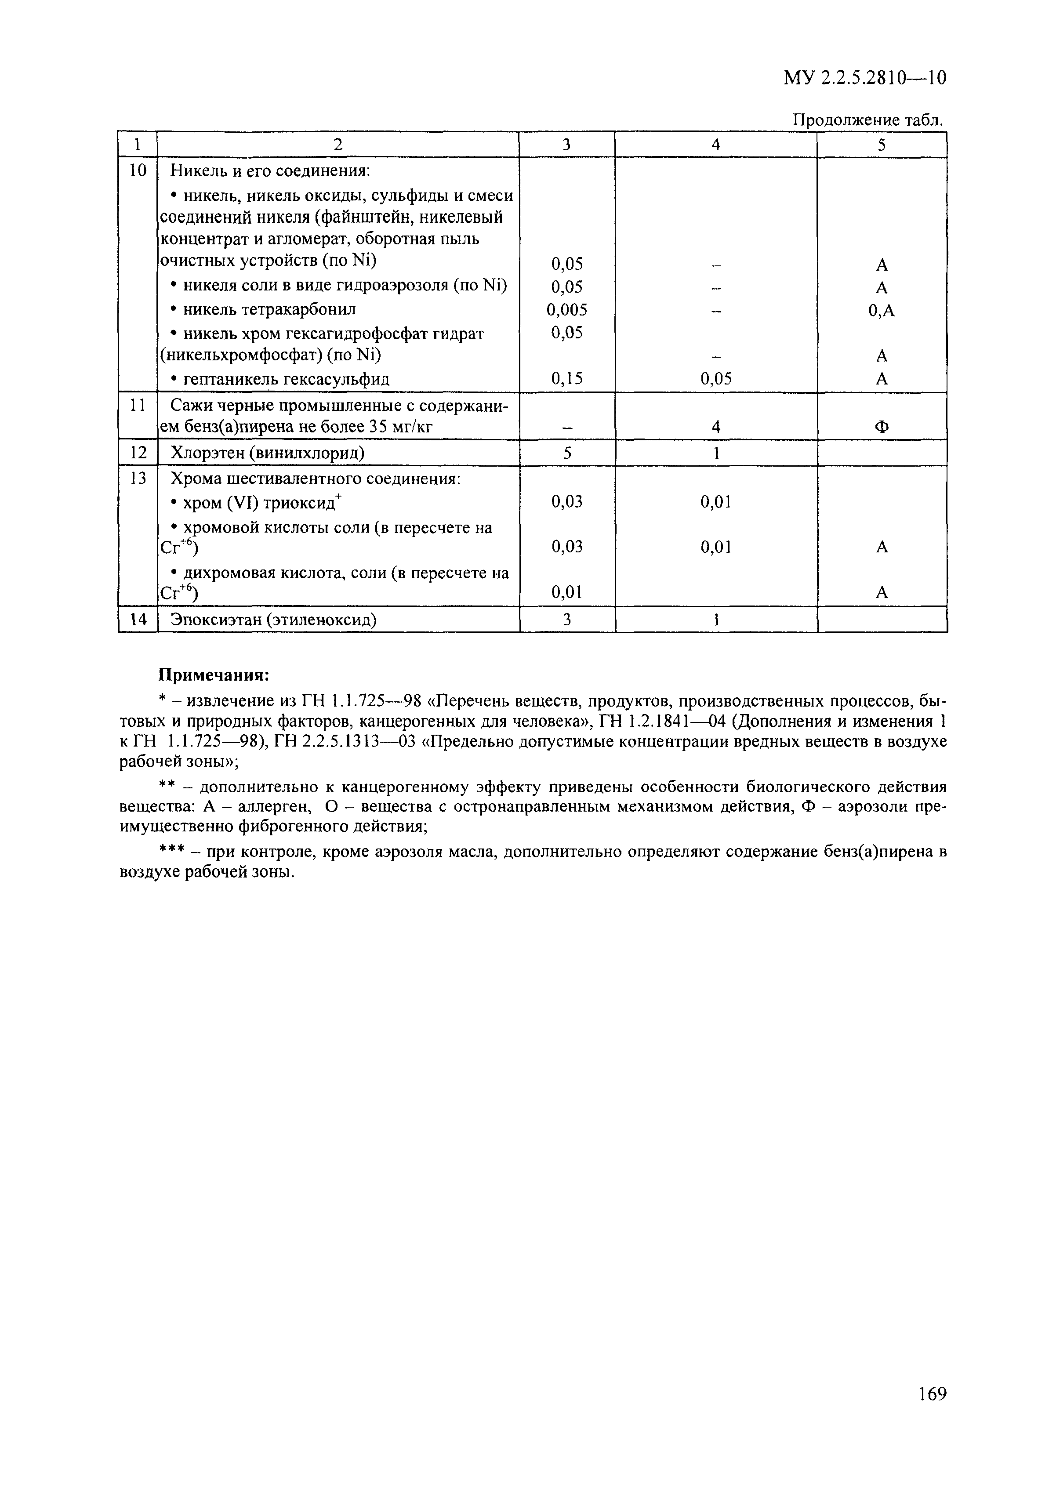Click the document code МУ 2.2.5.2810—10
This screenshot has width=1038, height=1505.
[x=864, y=79]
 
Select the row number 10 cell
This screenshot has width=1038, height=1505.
[x=138, y=171]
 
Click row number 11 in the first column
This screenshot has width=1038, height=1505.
[x=138, y=405]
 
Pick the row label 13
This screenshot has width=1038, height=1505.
[x=138, y=479]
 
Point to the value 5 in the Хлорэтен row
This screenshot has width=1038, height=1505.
[x=567, y=453]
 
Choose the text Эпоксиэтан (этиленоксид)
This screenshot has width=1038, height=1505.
[x=274, y=620]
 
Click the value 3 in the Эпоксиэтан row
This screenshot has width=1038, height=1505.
[x=567, y=620]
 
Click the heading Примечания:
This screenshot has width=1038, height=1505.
[x=214, y=675]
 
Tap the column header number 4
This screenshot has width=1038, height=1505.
[x=715, y=145]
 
